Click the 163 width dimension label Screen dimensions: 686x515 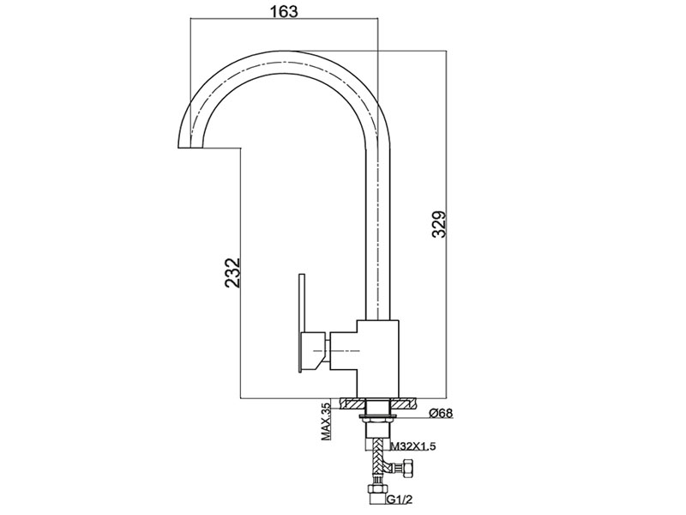[283, 11]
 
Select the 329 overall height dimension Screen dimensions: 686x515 [439, 224]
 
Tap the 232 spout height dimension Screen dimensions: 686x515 [232, 272]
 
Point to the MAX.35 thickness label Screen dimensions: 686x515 [326, 421]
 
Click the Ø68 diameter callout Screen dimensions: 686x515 [441, 413]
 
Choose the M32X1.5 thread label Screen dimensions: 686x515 [412, 446]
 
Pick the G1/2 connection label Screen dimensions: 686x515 [399, 499]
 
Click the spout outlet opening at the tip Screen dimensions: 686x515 [192, 148]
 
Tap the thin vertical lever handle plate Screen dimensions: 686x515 [301, 324]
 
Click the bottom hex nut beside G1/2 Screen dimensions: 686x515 [374, 489]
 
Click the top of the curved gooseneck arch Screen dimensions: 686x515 [284, 56]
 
